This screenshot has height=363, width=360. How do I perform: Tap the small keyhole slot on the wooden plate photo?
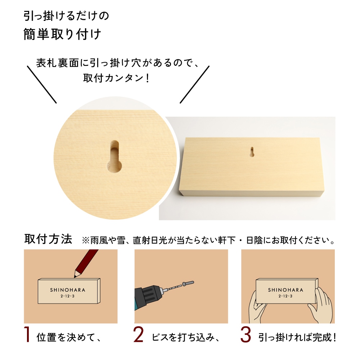point(252,152)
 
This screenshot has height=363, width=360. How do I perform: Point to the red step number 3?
point(245,335)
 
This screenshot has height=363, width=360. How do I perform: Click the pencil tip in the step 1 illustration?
point(76,276)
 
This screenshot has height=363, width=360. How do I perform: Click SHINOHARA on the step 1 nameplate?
point(68,289)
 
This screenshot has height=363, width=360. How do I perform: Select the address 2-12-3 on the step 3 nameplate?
point(285,296)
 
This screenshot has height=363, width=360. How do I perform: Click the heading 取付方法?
point(48,239)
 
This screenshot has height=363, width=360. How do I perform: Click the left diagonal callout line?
point(42,84)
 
